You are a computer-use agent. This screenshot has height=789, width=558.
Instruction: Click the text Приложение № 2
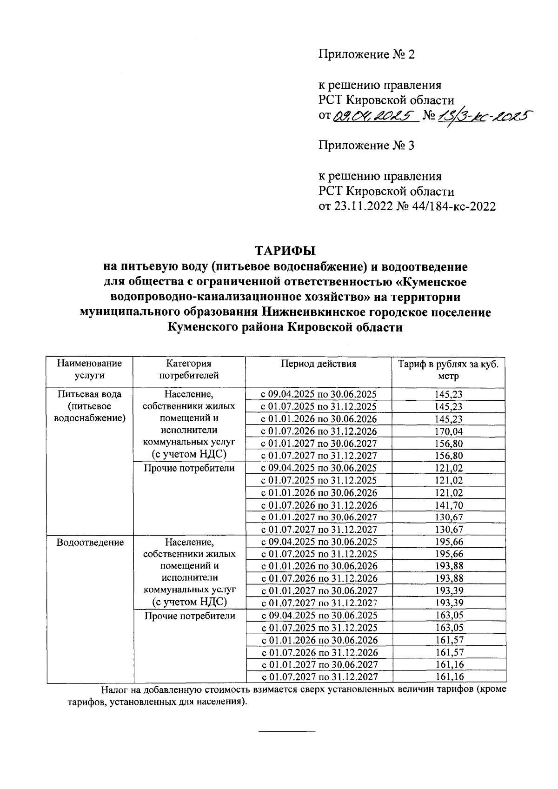366,54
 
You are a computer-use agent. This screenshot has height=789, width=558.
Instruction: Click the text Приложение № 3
366,146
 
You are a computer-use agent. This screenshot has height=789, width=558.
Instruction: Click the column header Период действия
318,364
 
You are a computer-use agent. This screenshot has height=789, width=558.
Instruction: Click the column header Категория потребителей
189,369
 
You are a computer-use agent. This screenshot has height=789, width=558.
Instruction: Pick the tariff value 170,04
449,431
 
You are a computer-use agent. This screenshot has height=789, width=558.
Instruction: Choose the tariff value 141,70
449,505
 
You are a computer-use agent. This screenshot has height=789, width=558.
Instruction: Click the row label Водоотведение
90,542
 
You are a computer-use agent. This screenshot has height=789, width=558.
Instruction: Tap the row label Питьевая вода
90,394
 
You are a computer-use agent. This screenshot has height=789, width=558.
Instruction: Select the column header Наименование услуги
90,369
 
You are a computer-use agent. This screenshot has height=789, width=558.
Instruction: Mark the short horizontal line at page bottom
286,732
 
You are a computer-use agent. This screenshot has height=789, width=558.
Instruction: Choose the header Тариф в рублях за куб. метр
448,370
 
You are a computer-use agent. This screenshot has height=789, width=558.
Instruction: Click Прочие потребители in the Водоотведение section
189,616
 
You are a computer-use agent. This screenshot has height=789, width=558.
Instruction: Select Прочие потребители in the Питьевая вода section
189,468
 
